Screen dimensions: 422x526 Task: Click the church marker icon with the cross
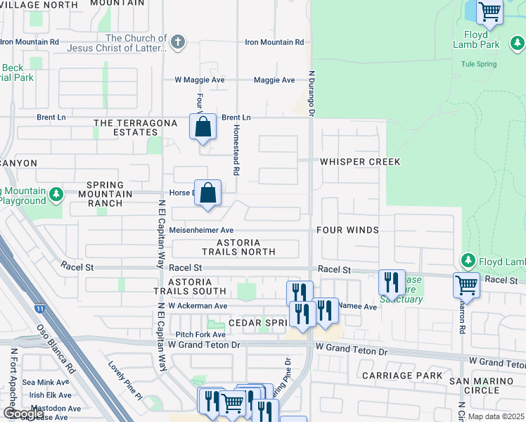(179, 42)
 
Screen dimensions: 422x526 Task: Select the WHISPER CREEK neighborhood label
(360, 162)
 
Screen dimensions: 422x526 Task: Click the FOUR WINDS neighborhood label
(347, 230)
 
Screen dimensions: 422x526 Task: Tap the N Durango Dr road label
(310, 92)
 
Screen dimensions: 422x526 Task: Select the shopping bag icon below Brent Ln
(203, 127)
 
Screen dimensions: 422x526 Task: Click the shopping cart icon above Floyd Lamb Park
(489, 12)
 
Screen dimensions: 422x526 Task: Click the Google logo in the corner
(23, 414)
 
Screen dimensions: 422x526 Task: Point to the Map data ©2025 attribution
(496, 416)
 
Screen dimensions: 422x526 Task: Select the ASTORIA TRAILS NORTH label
(239, 247)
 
